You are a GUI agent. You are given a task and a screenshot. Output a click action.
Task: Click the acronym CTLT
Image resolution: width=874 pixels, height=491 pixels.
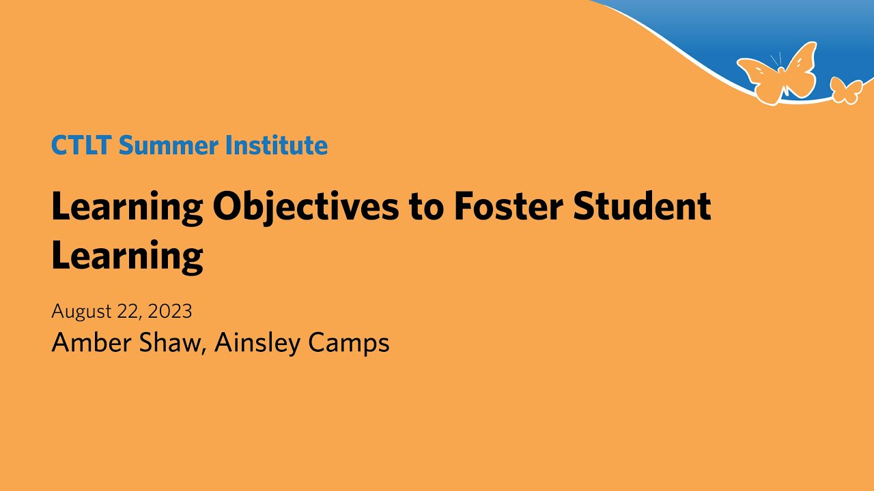(x=81, y=145)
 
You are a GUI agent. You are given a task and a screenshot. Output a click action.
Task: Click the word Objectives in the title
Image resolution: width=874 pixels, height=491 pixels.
(x=306, y=207)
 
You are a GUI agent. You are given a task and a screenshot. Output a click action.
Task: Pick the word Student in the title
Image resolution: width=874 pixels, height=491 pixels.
(x=642, y=207)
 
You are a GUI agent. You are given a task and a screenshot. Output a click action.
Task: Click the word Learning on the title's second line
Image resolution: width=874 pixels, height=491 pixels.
(x=127, y=256)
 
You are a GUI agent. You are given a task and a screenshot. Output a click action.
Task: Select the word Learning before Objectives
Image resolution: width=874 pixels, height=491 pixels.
(x=127, y=207)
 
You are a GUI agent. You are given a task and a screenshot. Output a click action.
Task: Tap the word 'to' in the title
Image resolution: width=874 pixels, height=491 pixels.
(x=427, y=208)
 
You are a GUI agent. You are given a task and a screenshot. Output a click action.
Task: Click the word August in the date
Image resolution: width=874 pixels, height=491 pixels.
(x=81, y=312)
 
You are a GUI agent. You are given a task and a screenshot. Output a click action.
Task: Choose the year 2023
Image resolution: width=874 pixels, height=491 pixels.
(x=170, y=312)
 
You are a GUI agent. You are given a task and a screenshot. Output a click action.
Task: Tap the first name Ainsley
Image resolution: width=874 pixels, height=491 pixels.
(x=257, y=342)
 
